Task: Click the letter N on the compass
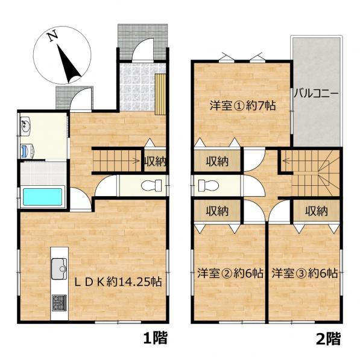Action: [52, 36]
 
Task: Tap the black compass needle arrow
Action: [69, 64]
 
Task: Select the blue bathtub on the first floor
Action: [43, 197]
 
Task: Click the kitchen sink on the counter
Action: [59, 268]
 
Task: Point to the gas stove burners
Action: [59, 303]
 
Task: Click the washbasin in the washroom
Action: [25, 127]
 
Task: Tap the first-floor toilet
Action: [151, 185]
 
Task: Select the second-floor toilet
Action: [209, 185]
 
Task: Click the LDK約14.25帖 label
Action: [118, 282]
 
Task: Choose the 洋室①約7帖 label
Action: [242, 106]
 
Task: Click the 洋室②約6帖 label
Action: [230, 273]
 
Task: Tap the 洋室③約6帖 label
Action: [305, 273]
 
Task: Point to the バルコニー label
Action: [316, 94]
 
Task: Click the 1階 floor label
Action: [155, 338]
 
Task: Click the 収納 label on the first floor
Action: [155, 162]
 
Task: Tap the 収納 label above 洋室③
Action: [317, 211]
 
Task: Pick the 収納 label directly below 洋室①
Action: [217, 161]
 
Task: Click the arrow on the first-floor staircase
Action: [137, 160]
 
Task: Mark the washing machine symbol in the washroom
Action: [27, 151]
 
